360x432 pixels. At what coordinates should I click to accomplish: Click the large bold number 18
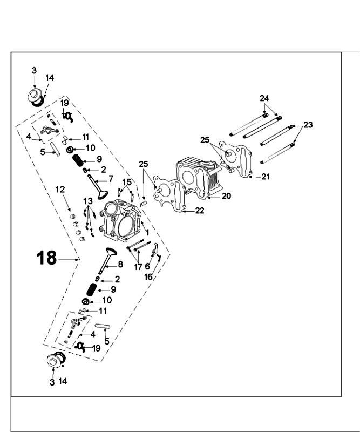pos(47,258)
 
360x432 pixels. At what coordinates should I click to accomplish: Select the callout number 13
pos(88,201)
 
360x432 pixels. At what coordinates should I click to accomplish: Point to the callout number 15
pos(127,181)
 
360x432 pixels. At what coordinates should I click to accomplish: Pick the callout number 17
pos(139,266)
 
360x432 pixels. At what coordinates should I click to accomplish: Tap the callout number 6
pos(147,266)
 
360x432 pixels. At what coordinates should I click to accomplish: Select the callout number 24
pos(264,98)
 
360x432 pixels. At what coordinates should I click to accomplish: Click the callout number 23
pos(308,125)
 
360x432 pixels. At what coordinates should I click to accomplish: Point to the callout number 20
pos(227,196)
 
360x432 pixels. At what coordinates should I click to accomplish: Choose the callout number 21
pos(266,177)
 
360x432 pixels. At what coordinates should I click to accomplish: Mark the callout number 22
pos(200,211)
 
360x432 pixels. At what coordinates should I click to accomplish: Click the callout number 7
pos(111,179)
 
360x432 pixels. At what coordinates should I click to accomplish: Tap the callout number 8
pos(120,265)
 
